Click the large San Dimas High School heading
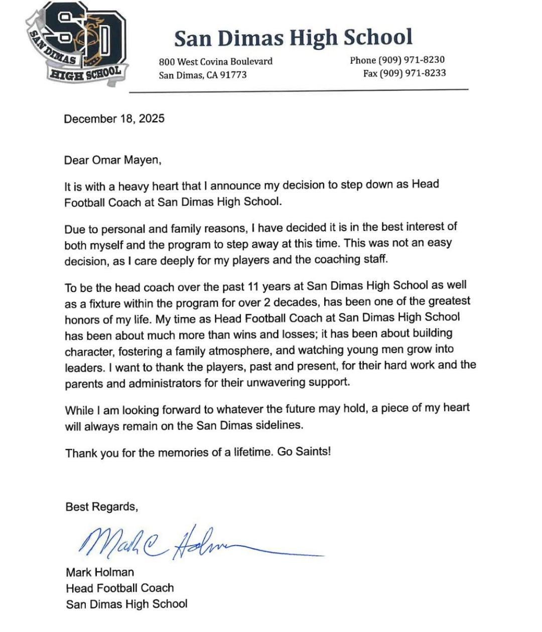(x=293, y=38)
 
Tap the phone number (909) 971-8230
(x=411, y=60)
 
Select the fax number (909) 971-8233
(x=412, y=73)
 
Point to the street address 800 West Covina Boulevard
(x=215, y=62)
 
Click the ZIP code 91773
(x=234, y=75)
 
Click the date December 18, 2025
(x=114, y=119)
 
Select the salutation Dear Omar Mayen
(x=113, y=161)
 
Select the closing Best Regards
(x=101, y=507)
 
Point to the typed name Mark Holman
(x=100, y=572)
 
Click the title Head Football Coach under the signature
(x=120, y=588)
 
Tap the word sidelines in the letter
(x=278, y=426)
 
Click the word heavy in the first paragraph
(x=133, y=187)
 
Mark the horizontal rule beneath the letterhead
(x=299, y=91)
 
